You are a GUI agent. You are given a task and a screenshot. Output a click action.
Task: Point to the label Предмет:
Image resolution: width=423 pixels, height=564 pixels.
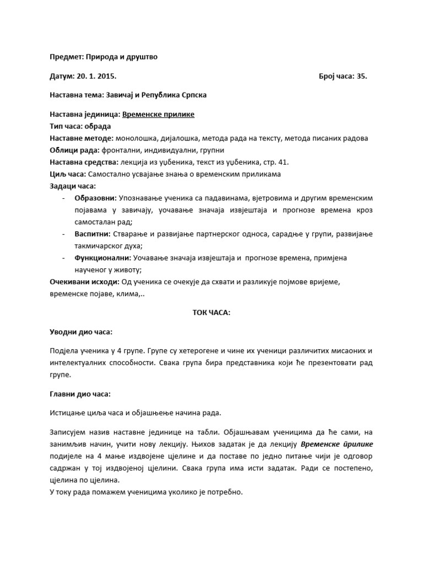(x=65, y=57)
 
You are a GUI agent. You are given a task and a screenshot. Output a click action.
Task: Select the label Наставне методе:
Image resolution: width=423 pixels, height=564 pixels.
(x=82, y=138)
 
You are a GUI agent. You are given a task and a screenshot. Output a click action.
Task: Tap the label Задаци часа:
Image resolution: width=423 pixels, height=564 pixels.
(x=72, y=186)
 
